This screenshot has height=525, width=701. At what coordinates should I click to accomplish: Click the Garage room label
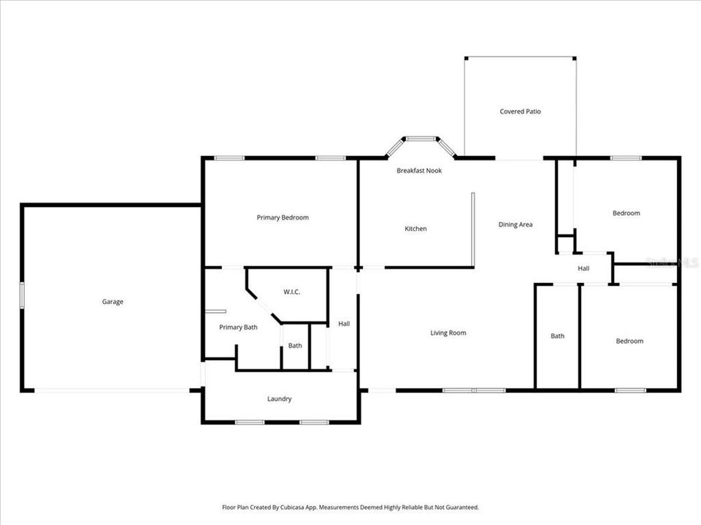click(x=112, y=302)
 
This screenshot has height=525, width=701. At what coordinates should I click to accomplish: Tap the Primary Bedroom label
click(x=283, y=217)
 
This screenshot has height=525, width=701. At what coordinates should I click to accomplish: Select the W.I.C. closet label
click(x=292, y=292)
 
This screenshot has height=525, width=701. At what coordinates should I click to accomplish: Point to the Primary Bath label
click(x=239, y=327)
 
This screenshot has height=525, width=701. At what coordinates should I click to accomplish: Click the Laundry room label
click(x=280, y=399)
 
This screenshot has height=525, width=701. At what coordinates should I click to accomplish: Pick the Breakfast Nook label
click(x=419, y=171)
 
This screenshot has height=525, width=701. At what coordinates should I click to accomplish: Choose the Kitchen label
click(x=415, y=229)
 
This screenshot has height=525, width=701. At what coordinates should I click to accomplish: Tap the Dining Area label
click(x=516, y=225)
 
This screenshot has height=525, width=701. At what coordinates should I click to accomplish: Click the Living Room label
click(x=448, y=333)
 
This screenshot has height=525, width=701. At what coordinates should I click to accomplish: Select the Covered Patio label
click(x=520, y=112)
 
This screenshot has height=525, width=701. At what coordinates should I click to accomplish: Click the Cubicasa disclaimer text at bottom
click(x=350, y=507)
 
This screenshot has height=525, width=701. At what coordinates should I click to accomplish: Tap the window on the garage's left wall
click(x=22, y=295)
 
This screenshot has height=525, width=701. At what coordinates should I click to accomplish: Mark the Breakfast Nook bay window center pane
click(x=421, y=139)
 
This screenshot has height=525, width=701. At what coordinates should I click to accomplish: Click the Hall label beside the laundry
click(x=344, y=323)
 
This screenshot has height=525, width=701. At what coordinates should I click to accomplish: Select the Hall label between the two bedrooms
click(x=583, y=268)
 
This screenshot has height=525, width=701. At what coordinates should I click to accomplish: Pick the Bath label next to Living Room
click(x=557, y=336)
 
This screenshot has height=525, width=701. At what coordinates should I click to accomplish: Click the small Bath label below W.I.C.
click(x=295, y=346)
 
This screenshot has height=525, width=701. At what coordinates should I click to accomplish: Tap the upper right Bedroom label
click(x=626, y=213)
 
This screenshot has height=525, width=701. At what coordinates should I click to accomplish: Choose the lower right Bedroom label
click(x=629, y=341)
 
